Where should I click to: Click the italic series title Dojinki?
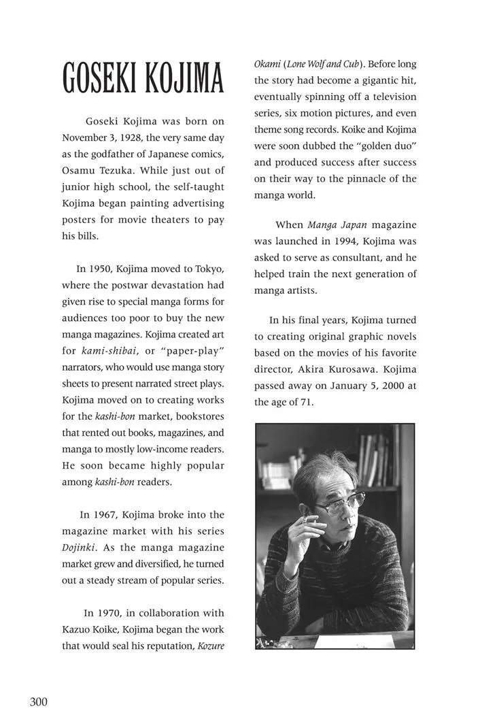pyautogui.click(x=80, y=547)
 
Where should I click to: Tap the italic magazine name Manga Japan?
pyautogui.click(x=336, y=224)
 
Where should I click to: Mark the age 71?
pyautogui.click(x=306, y=402)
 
